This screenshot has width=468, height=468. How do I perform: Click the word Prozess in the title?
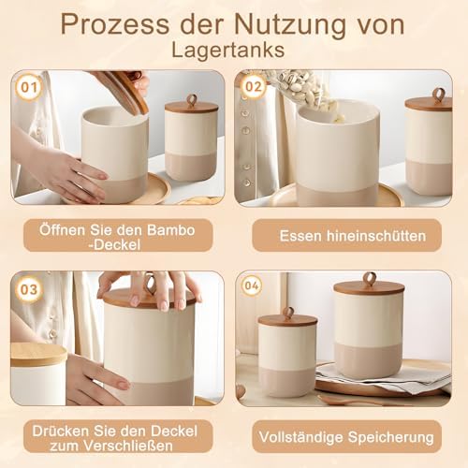114,25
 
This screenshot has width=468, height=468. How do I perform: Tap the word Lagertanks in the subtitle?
228,50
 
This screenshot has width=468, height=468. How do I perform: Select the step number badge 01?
29,87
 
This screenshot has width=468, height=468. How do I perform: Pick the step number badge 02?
254,86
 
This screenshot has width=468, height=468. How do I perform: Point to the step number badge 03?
29,289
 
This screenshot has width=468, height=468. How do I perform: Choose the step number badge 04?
252,285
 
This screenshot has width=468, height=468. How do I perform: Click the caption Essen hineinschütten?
353,236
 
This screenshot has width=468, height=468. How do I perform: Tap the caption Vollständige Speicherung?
346,437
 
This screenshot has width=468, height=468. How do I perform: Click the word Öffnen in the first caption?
62,230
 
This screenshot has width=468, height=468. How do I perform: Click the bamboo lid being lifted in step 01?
124,91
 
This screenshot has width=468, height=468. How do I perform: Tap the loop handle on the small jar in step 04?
288,314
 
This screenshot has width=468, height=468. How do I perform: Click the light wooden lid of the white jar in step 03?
38,355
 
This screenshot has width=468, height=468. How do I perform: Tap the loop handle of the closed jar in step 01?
191,100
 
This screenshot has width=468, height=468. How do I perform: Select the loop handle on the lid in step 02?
439,94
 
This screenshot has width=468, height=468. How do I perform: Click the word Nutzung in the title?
290,25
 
